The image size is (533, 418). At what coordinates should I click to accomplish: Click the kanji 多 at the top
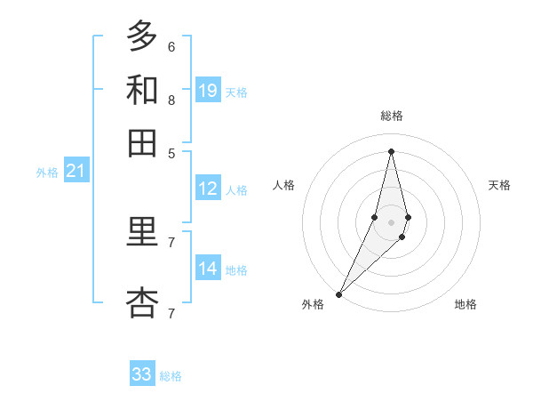pyautogui.click(x=142, y=36)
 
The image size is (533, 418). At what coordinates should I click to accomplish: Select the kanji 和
pyautogui.click(x=142, y=90)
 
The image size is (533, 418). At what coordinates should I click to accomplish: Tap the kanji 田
pyautogui.click(x=142, y=142)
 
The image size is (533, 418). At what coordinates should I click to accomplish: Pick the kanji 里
pyautogui.click(x=142, y=232)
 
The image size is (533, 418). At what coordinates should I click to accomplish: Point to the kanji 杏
pyautogui.click(x=142, y=303)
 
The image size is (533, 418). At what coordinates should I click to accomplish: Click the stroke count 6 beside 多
pyautogui.click(x=171, y=46)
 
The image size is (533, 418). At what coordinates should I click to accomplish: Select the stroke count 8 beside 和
pyautogui.click(x=171, y=100)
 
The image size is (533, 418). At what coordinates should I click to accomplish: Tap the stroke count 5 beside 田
pyautogui.click(x=171, y=153)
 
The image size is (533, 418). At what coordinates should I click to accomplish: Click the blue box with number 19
pyautogui.click(x=208, y=90)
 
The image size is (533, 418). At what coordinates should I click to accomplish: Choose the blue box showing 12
pyautogui.click(x=208, y=189)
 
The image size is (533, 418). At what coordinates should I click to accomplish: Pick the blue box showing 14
pyautogui.click(x=208, y=269)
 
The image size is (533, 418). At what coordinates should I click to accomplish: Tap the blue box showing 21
pyautogui.click(x=76, y=172)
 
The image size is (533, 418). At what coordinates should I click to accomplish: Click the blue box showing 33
pyautogui.click(x=142, y=374)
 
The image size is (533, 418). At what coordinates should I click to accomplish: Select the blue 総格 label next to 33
pyautogui.click(x=171, y=376)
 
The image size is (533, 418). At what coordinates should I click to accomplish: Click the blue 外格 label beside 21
pyautogui.click(x=47, y=173)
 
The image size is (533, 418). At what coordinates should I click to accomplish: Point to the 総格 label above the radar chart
pyautogui.click(x=391, y=116)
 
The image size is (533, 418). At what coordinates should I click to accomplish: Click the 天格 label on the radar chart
pyautogui.click(x=499, y=185)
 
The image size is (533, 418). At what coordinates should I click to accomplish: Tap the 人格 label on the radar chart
pyautogui.click(x=284, y=185)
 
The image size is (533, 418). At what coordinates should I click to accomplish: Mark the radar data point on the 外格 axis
pyautogui.click(x=338, y=293)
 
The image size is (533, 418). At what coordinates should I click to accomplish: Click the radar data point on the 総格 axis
pyautogui.click(x=391, y=150)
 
